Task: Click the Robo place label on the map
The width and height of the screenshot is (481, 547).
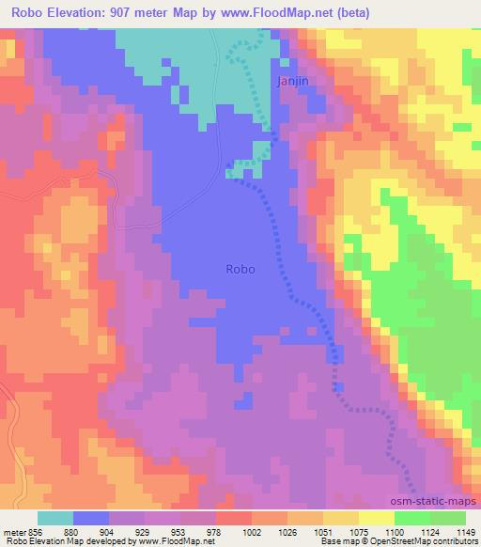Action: coord(241,268)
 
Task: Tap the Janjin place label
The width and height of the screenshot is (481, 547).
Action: coord(290,82)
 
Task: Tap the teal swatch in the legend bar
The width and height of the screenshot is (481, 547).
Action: coord(55,517)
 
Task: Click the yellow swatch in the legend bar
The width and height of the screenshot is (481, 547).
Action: coord(376,517)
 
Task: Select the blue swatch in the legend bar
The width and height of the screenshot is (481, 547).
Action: coord(91,517)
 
